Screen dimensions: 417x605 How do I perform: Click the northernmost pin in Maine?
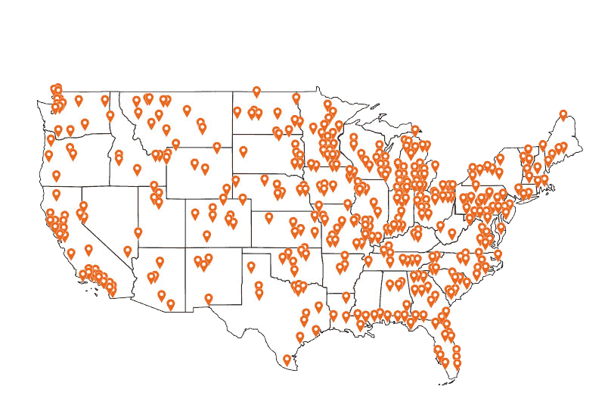point(563,115)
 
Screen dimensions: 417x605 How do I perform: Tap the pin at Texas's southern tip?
point(287,360)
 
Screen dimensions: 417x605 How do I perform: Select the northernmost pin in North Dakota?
point(256,92)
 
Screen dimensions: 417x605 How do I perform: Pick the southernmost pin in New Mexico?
point(209,299)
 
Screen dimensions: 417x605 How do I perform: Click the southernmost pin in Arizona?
point(171,305)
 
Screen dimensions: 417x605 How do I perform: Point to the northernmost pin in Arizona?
point(138,233)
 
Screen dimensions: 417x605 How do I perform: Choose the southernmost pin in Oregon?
point(56,176)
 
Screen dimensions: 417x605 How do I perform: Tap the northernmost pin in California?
point(56,193)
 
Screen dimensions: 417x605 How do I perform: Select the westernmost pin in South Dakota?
point(244,151)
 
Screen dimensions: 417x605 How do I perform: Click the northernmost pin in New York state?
point(499,160)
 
